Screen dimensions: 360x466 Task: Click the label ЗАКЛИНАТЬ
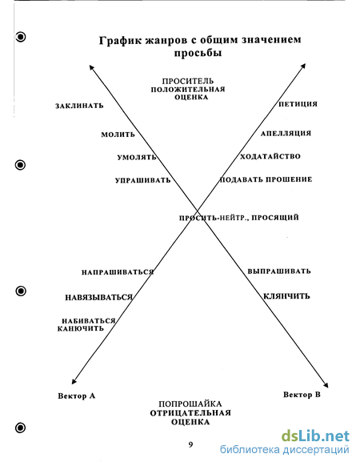click(79, 106)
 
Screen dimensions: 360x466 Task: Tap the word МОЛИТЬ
click(118, 135)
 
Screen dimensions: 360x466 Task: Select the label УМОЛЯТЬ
click(137, 157)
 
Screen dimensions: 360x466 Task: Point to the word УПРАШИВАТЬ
click(143, 180)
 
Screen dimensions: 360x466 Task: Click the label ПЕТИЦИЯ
click(298, 104)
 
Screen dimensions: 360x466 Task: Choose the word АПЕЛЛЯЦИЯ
click(286, 134)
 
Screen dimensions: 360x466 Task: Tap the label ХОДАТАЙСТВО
click(270, 156)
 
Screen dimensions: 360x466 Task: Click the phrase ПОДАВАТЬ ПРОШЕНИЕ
click(266, 179)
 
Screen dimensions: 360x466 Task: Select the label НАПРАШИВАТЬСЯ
click(118, 272)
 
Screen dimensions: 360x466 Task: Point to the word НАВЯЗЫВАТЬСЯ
click(99, 297)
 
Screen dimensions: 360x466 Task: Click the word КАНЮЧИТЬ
click(81, 328)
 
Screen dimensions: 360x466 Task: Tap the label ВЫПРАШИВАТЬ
click(279, 271)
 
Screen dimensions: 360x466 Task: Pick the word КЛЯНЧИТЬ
click(286, 296)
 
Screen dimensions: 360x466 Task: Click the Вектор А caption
click(77, 396)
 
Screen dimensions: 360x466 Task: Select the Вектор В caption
click(302, 395)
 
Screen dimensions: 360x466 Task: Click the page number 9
click(190, 444)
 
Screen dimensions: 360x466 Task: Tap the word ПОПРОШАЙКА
click(190, 404)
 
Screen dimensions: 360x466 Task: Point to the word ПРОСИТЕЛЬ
click(188, 81)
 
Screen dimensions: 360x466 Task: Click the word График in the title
click(121, 40)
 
